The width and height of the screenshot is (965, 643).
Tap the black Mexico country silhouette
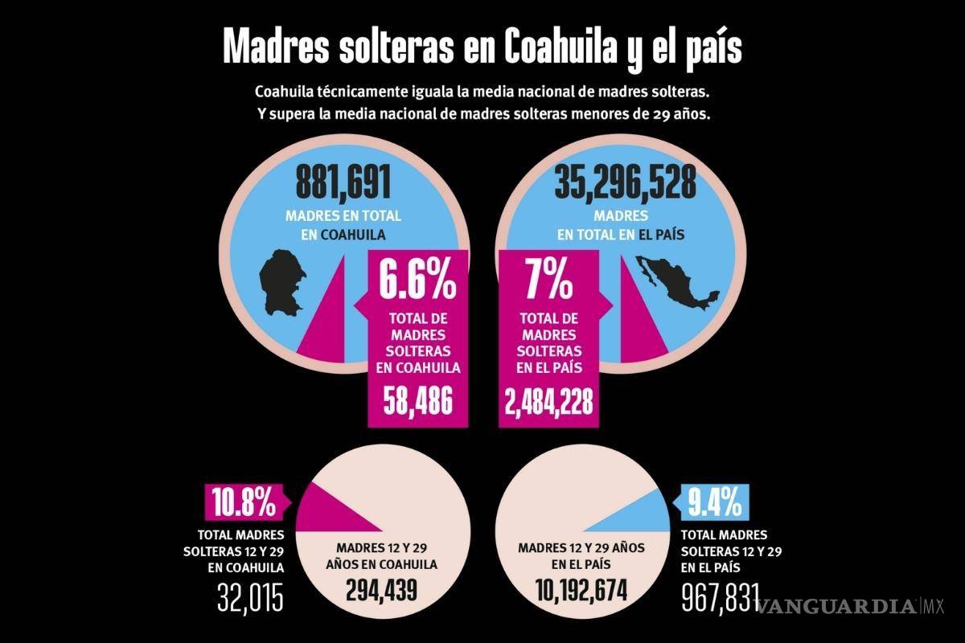click(675, 286)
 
